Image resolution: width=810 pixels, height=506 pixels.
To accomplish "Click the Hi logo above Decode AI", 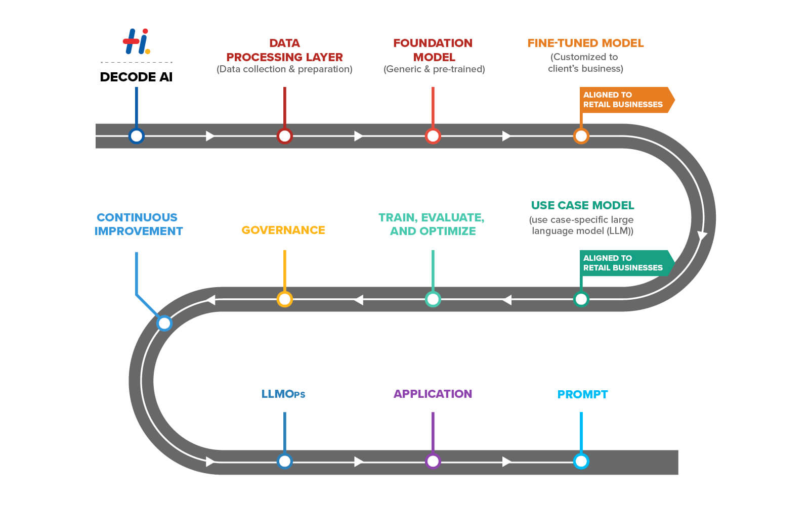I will tap(136, 41).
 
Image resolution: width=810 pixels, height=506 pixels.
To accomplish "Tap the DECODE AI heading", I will tap(136, 77).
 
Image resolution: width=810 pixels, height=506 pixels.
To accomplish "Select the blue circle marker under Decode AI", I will tap(136, 136).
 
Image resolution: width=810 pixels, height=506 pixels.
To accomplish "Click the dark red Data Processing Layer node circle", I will tap(284, 136).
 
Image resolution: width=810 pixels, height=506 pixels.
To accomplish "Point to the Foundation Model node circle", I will tap(433, 136).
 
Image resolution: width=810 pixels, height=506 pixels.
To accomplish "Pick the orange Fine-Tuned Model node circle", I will tap(581, 136).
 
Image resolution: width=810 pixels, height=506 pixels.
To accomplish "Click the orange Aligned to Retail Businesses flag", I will tap(624, 100).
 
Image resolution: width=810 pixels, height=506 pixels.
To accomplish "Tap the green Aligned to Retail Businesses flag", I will tap(624, 263).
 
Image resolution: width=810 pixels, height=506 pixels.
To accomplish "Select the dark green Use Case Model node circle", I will tap(581, 299).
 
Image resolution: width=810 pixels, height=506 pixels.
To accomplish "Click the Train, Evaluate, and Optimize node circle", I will tap(433, 299).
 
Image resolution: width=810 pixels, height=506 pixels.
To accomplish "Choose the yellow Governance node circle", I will tap(284, 299).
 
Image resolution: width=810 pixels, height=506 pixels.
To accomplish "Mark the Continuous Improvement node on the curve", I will tap(164, 323).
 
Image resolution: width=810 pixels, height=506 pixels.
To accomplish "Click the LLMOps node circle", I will tap(284, 461).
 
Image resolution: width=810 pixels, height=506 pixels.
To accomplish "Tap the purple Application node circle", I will tap(433, 461).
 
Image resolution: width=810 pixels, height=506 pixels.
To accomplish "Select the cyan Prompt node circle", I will tap(581, 461).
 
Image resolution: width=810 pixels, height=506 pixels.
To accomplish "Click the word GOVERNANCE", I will tap(283, 230).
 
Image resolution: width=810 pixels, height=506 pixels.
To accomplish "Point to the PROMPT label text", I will tap(582, 394).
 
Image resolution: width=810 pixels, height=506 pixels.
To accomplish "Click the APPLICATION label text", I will tap(433, 394).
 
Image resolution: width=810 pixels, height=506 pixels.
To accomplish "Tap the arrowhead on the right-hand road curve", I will tap(702, 235).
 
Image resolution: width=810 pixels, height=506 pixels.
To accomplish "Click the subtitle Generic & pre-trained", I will tap(434, 69).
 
